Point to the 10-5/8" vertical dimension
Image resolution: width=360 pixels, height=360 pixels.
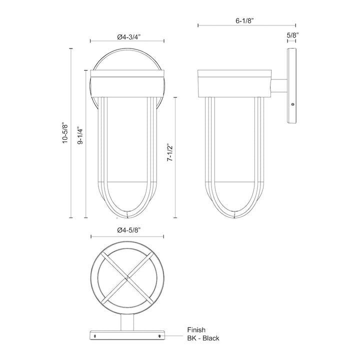pos(64,134)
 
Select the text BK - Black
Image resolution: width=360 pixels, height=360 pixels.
pos(203,338)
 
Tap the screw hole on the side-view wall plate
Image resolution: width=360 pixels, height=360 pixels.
pos(292,104)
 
